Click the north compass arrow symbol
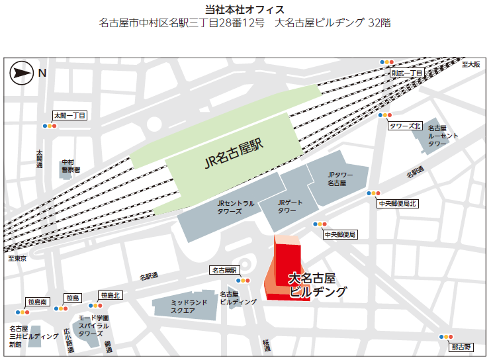21,73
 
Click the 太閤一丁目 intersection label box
70,115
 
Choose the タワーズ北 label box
405,126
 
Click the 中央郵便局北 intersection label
397,204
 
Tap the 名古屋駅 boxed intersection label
224,270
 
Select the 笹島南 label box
38,302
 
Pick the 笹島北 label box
111,295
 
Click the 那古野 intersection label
461,347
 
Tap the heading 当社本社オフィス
245,9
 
